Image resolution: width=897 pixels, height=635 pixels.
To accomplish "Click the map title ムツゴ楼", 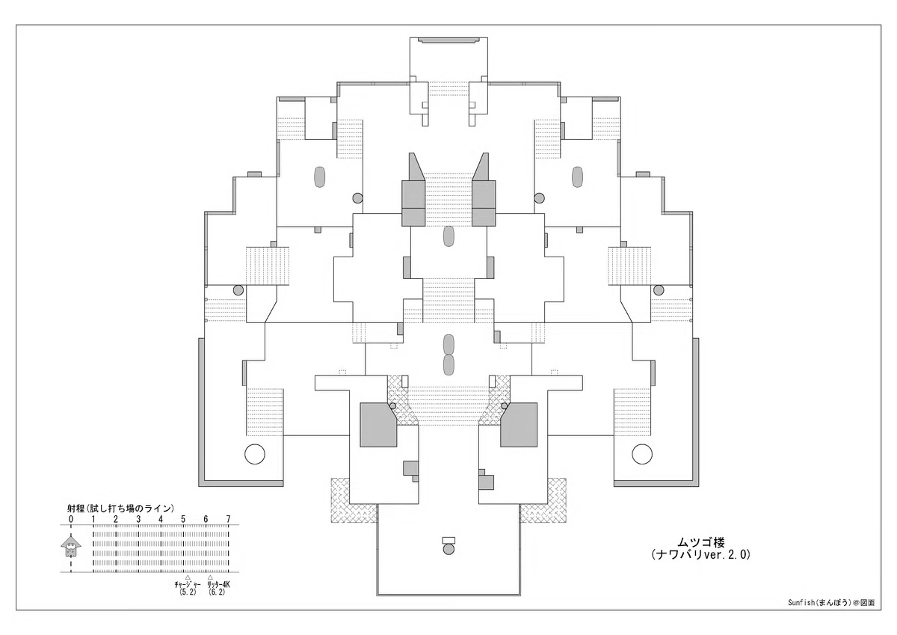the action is coord(701,542).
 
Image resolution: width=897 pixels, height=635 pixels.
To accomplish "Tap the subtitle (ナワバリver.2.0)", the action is coord(701,554).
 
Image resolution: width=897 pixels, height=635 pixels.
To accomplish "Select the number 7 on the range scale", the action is coord(228,519).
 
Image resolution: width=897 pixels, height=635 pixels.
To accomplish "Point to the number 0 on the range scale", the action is coord(71,519).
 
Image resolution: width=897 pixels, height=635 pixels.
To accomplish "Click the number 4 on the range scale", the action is coord(161,519).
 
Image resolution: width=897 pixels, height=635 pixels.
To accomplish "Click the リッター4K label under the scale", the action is coord(218,585).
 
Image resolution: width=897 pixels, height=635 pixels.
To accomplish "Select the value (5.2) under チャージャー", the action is coord(188,592).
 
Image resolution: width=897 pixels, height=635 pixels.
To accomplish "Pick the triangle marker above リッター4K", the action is coord(210,577).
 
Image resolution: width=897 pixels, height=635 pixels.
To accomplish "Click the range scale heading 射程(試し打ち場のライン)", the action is coord(121,509).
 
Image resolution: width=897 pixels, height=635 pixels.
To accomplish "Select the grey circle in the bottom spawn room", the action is coord(449,549).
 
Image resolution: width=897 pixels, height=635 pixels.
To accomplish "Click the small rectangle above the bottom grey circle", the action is coord(449,540).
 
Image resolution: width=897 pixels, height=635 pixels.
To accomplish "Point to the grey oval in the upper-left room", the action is coord(320,177).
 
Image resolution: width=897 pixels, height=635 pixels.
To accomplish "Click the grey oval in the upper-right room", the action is coord(577,177).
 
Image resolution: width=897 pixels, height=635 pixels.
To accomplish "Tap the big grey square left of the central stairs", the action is coord(378,425).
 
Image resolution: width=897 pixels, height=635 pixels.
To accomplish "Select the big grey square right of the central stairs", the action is coord(519,425).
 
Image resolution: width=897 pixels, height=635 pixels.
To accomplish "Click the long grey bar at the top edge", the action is coord(449,40).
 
